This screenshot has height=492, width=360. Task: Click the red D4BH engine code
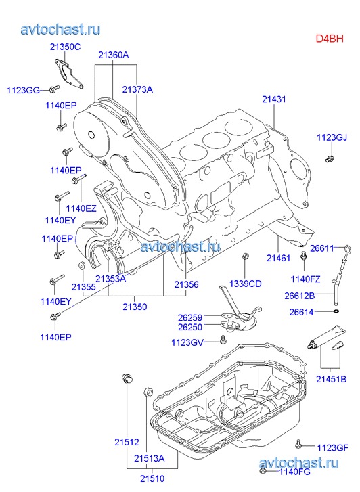pyautogui.click(x=330, y=39)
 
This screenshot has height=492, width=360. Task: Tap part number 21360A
pyautogui.click(x=113, y=55)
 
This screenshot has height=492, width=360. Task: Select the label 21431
pyautogui.click(x=274, y=99)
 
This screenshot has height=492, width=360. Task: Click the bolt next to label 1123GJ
pyautogui.click(x=330, y=158)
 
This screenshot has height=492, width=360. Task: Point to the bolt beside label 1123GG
pyautogui.click(x=55, y=89)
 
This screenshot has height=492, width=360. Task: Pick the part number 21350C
pyautogui.click(x=65, y=47)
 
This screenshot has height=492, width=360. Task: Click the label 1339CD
pyautogui.click(x=245, y=284)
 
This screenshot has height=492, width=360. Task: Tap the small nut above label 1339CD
pyautogui.click(x=246, y=256)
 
